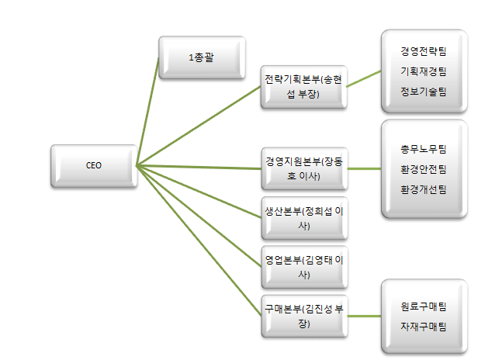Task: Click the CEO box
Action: click(x=93, y=165)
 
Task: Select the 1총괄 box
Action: click(x=202, y=57)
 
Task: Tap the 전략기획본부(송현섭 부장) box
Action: click(x=303, y=86)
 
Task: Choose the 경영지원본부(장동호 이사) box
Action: click(x=303, y=168)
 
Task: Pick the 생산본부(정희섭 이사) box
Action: click(x=303, y=218)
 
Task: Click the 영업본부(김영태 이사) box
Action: click(x=303, y=267)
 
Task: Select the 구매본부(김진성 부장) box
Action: click(x=303, y=315)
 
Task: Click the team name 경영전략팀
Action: click(x=424, y=51)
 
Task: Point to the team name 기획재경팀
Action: click(x=424, y=71)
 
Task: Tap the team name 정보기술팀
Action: click(x=424, y=92)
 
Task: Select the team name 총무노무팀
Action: click(x=424, y=148)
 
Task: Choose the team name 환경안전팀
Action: click(x=424, y=168)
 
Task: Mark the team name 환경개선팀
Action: click(x=424, y=189)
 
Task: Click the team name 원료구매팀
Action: click(x=424, y=307)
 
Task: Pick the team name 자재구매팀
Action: click(x=424, y=327)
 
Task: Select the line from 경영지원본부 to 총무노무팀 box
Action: click(x=362, y=168)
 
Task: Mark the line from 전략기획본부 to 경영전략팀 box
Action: click(x=362, y=78)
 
